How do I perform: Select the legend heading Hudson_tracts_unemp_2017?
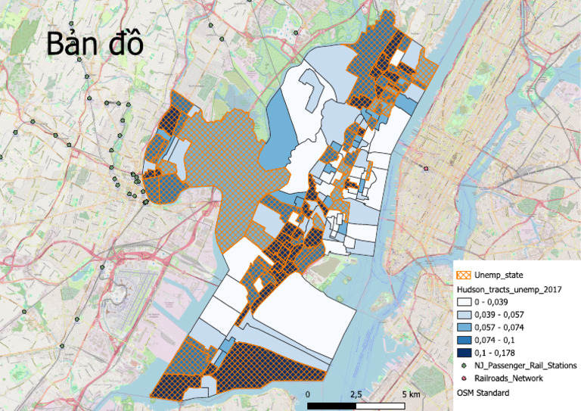[511, 289]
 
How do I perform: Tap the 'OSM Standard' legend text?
[483, 393]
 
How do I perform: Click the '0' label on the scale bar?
[308, 395]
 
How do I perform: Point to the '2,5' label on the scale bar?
[356, 395]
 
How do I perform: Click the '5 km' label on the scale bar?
[411, 395]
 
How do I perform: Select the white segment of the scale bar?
[383, 406]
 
